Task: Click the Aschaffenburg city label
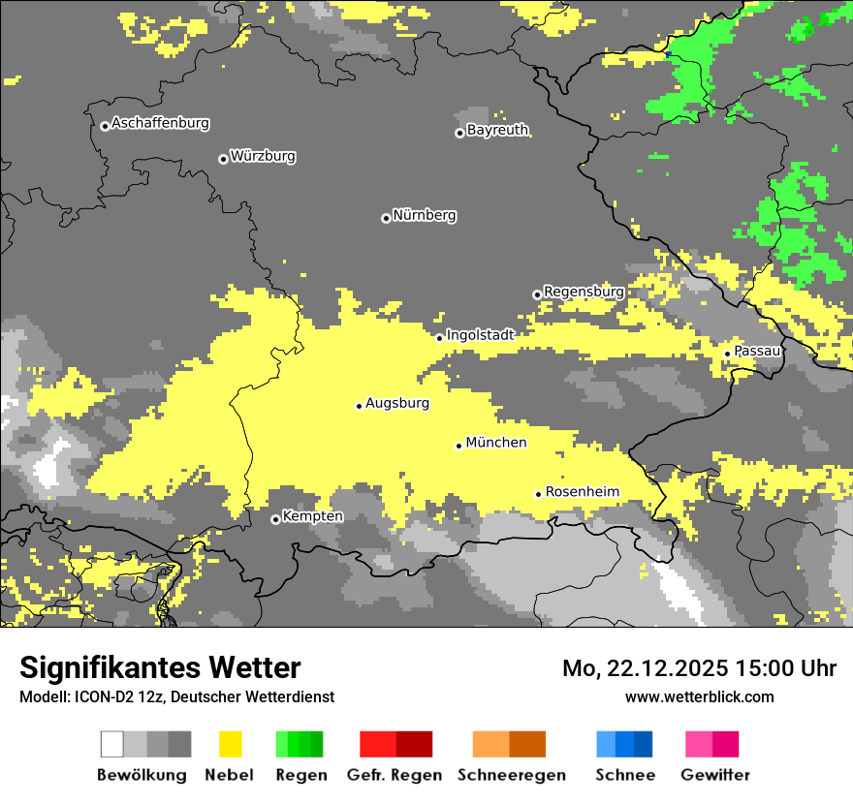tap(160, 123)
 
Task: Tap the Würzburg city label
tap(263, 156)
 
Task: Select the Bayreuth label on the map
tap(497, 130)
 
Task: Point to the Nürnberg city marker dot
tap(386, 218)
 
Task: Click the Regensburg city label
tap(584, 292)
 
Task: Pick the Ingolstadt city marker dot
tap(439, 338)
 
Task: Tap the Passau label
tap(757, 351)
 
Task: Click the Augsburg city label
tap(396, 403)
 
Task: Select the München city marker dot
tap(459, 446)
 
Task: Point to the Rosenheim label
tap(582, 492)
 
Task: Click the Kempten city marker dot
tap(275, 519)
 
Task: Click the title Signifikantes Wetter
tap(160, 667)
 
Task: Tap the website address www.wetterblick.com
tap(699, 696)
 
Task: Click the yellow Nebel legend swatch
tap(230, 744)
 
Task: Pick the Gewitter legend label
tap(714, 775)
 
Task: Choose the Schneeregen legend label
tap(511, 775)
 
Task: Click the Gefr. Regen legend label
tap(394, 775)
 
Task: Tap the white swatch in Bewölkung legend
tap(112, 744)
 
